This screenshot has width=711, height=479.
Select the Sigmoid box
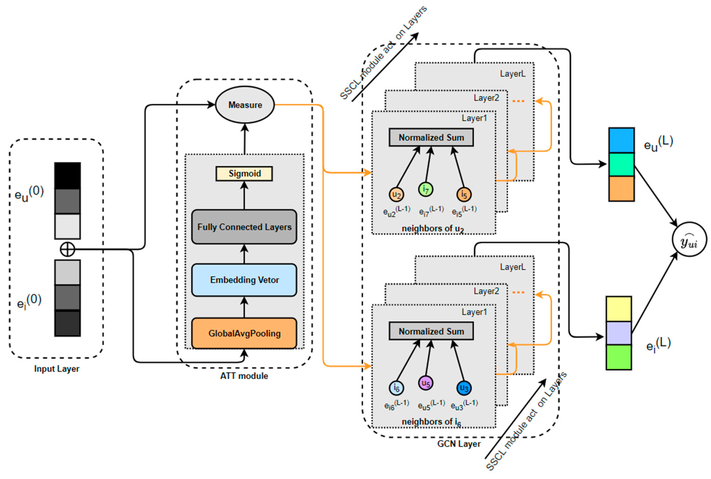click(x=244, y=174)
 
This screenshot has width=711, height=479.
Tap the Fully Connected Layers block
click(x=244, y=227)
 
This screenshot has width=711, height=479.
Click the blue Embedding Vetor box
click(x=244, y=280)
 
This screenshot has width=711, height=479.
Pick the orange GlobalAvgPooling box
click(x=244, y=333)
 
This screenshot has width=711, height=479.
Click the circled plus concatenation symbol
click(x=67, y=249)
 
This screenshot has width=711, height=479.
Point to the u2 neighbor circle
click(x=396, y=194)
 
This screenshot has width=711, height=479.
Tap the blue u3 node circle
click(x=464, y=388)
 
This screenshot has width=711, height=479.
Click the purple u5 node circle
click(x=425, y=383)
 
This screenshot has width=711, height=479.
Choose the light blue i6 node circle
click(x=396, y=388)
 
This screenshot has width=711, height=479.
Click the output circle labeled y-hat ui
click(x=689, y=239)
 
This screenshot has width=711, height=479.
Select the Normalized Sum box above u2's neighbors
click(x=431, y=138)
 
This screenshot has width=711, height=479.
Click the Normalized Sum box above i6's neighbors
click(x=431, y=331)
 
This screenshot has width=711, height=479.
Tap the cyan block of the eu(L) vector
click(x=621, y=140)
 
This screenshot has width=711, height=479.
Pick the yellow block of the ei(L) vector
click(x=618, y=309)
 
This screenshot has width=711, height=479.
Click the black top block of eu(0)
click(x=68, y=175)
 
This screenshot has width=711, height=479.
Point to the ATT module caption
click(x=244, y=376)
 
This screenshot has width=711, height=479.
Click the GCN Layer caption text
click(x=458, y=444)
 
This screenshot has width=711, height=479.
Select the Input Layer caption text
click(x=57, y=369)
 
